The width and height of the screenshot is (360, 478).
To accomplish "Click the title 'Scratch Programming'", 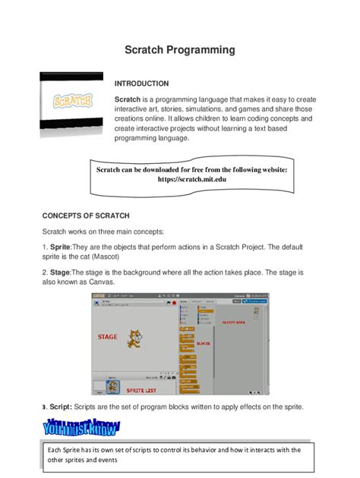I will pyautogui.click(x=180, y=50).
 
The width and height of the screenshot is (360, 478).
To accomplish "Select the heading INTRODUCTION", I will pyautogui.click(x=141, y=83).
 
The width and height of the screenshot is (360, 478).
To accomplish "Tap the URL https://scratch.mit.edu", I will pyautogui.click(x=191, y=180).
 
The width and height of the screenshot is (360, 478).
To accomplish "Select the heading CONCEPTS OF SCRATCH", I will pyautogui.click(x=86, y=215).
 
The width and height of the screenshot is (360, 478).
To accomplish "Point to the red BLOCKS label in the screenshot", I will pyautogui.click(x=203, y=343).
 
